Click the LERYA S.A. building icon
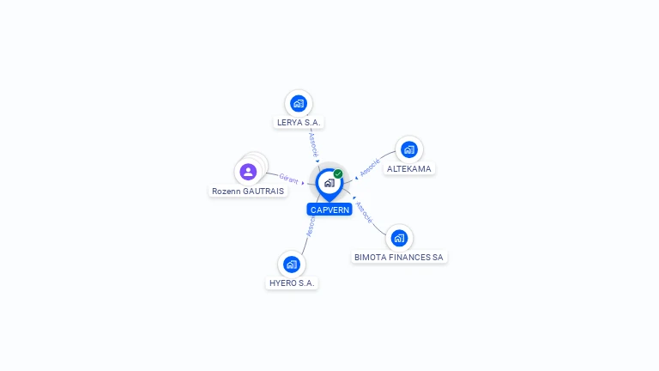click(299, 104)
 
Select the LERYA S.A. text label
click(299, 123)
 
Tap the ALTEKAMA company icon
click(409, 149)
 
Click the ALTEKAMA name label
click(409, 169)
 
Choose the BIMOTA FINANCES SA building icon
click(399, 238)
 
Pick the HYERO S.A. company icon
click(292, 264)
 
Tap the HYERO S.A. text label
click(292, 283)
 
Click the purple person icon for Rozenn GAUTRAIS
click(249, 171)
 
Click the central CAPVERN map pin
click(329, 183)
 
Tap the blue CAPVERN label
click(329, 210)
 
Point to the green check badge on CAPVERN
click(338, 173)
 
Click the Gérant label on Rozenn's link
click(288, 179)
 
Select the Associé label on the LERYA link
click(313, 143)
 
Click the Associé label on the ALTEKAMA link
click(370, 167)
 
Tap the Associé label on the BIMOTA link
click(364, 213)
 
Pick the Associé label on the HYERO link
click(311, 226)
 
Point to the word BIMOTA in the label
click(371, 257)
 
